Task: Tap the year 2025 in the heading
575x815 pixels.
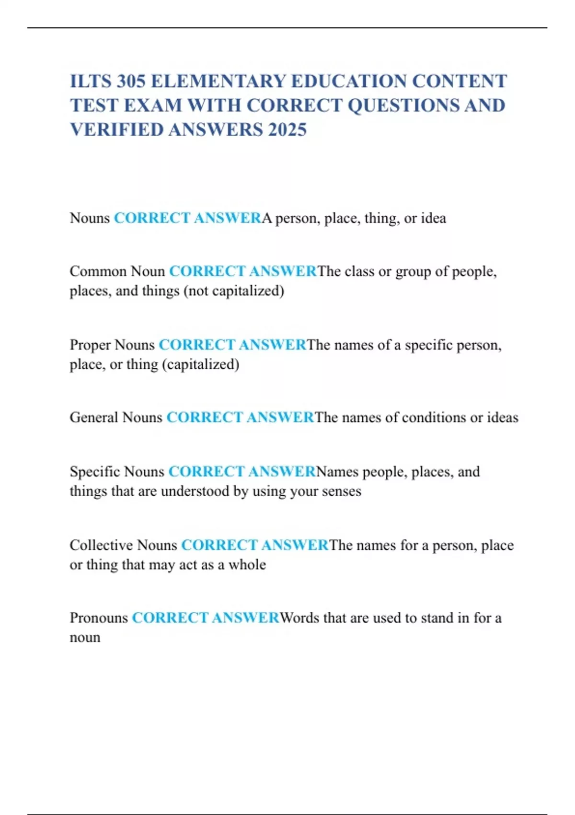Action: coord(287,129)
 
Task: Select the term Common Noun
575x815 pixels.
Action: coord(117,271)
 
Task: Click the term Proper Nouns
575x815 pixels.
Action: coord(112,345)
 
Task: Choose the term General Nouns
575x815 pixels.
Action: coord(116,418)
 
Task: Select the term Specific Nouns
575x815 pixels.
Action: coord(117,472)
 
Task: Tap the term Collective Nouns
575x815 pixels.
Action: coord(123,545)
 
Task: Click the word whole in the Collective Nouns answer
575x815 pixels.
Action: coord(247,565)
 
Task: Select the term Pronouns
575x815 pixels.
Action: coord(99,618)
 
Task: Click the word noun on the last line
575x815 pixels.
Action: coord(85,638)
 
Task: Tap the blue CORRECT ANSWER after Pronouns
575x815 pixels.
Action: coord(206,618)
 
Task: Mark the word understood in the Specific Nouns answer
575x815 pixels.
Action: coord(195,491)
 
